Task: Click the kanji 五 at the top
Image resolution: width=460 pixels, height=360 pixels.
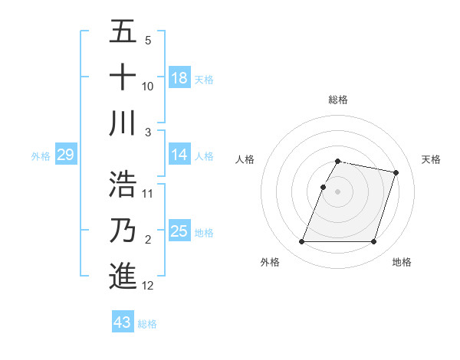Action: pos(123,32)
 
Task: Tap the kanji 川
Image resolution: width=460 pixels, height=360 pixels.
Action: pos(123,124)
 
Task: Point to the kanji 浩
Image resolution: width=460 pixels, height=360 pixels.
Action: pos(123,185)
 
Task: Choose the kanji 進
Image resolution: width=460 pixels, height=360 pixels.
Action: pos(123,277)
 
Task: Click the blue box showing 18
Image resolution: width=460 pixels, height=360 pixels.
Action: pos(179,78)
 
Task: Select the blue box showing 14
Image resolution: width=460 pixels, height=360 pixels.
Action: pos(179,155)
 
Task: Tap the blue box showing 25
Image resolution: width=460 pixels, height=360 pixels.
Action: pos(179,231)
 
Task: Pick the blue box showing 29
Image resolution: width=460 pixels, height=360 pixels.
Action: pos(65,155)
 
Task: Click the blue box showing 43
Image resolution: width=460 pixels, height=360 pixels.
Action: pos(123,322)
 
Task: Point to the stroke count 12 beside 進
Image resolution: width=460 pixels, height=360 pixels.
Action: pos(148,286)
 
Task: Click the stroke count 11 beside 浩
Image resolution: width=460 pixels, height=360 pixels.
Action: pos(148,193)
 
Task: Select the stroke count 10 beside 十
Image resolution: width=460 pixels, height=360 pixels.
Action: pos(148,86)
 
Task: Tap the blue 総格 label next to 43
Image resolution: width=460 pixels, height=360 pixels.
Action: pos(147,324)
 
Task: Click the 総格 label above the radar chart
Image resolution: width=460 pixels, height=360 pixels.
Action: pos(337,100)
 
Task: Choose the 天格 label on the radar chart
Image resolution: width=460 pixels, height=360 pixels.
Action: pos(431,159)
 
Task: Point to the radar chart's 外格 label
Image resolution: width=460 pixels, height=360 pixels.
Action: pos(270,263)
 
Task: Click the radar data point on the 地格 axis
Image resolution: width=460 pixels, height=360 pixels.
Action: pos(373,242)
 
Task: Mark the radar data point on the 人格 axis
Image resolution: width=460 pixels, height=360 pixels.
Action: pos(323,187)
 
